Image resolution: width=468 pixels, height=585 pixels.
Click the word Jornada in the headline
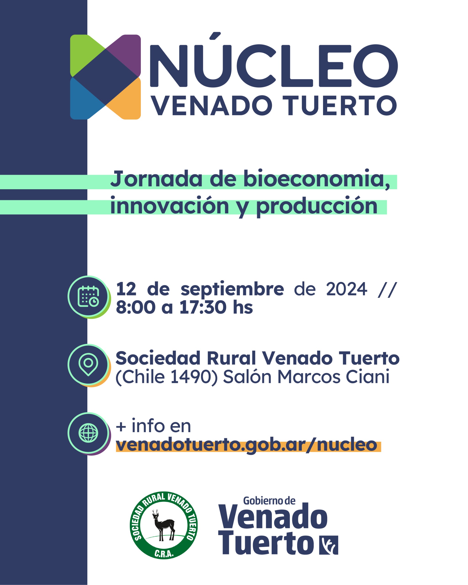tap(156, 179)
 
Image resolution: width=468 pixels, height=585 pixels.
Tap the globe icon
tap(88, 433)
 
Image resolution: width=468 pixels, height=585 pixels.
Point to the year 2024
tap(347, 289)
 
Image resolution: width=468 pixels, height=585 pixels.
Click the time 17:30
tap(203, 307)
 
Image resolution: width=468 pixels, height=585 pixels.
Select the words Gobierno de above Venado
tap(269, 501)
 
